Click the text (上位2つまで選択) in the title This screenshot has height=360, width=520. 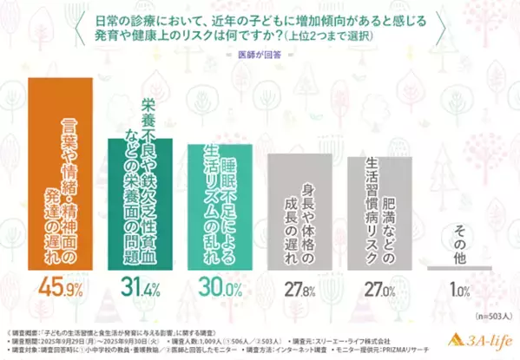click(x=332, y=38)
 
